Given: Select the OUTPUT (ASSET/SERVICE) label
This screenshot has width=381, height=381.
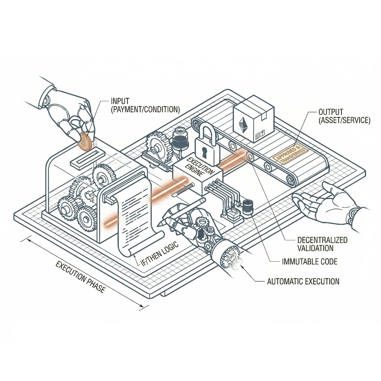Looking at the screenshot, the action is tap(344, 116).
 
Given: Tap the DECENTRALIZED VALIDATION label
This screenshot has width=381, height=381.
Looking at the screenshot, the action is tap(322, 244).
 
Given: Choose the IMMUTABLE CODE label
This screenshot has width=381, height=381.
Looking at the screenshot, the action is tap(310, 262).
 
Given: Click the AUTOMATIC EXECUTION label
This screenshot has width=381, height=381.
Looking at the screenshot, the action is tap(303, 281).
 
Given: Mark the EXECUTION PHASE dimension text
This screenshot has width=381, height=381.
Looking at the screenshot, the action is tap(80, 277).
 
